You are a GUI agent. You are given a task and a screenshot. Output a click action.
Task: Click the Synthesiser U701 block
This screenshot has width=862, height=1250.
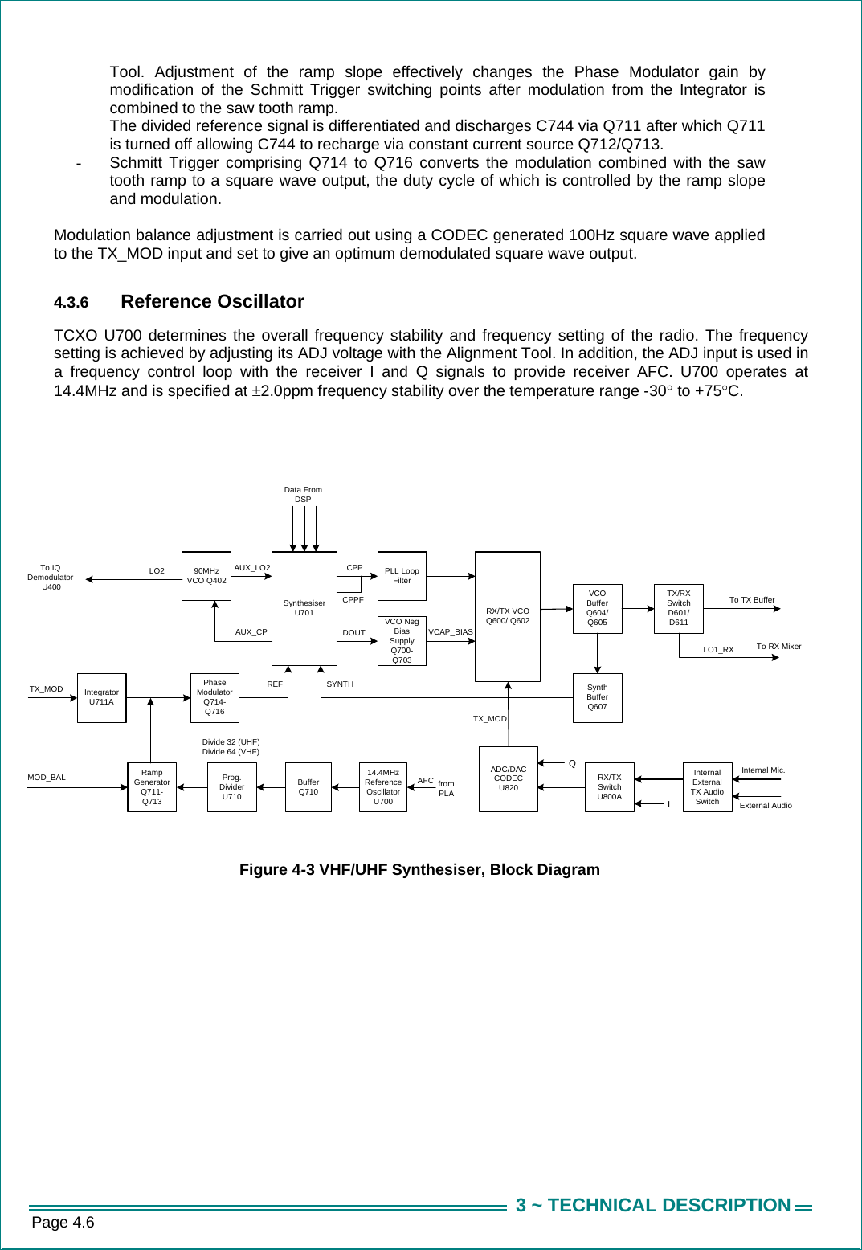304,608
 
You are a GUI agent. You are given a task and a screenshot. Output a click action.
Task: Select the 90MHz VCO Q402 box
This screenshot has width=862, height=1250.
206,576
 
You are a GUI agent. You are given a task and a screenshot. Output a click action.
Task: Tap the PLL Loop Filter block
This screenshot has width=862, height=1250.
402,576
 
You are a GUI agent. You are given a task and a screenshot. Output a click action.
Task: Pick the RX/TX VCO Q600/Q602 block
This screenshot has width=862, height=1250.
507,616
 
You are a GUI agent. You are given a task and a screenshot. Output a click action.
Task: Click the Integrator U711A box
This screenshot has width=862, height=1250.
101,697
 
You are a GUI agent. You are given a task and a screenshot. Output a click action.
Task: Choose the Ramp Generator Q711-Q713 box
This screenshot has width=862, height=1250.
152,787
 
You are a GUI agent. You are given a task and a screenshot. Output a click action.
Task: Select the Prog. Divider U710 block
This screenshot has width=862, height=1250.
231,787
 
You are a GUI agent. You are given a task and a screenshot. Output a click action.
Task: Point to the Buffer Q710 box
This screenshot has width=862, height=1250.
308,787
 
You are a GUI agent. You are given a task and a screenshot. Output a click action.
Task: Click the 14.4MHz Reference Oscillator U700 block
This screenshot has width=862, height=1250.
382,787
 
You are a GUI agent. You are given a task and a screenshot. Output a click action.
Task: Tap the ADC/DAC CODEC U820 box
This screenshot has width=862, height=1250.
508,778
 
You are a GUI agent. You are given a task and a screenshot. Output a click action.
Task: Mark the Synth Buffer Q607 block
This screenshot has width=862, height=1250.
597,697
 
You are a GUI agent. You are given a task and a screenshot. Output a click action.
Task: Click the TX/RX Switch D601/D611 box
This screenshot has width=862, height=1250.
678,608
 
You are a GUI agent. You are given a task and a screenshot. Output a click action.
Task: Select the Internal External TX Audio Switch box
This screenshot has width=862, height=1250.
707,787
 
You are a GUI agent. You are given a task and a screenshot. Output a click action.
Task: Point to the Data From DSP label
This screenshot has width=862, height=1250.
303,494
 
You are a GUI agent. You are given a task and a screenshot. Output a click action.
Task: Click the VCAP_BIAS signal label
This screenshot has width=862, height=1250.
450,632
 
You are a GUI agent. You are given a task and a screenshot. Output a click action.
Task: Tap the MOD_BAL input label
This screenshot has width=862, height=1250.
47,778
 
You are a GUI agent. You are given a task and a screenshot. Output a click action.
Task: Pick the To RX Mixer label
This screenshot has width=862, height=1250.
778,647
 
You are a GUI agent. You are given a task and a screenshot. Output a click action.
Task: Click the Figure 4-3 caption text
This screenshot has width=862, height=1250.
419,870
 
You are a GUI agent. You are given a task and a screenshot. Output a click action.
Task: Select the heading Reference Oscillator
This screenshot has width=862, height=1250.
212,302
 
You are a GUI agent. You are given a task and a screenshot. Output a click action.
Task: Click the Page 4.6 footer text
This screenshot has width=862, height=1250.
63,1223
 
